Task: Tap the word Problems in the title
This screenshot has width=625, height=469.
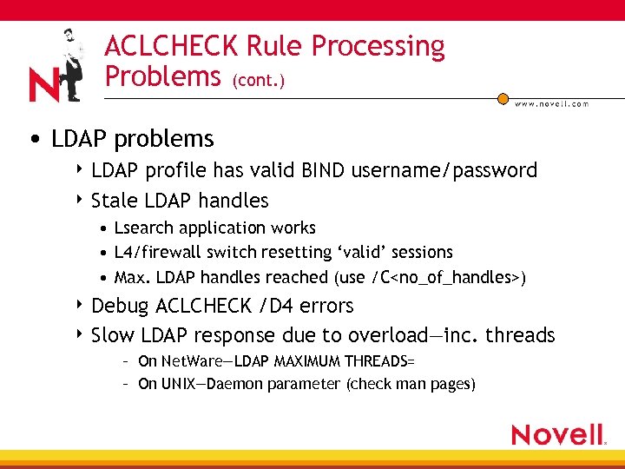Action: tap(162, 76)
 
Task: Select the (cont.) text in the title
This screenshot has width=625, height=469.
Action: tap(258, 80)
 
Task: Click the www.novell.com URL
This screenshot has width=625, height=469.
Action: tap(551, 104)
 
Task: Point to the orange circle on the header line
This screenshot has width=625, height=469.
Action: tap(503, 99)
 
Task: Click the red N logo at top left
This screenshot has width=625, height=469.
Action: tap(43, 86)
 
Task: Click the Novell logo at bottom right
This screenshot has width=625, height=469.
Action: tap(558, 434)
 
